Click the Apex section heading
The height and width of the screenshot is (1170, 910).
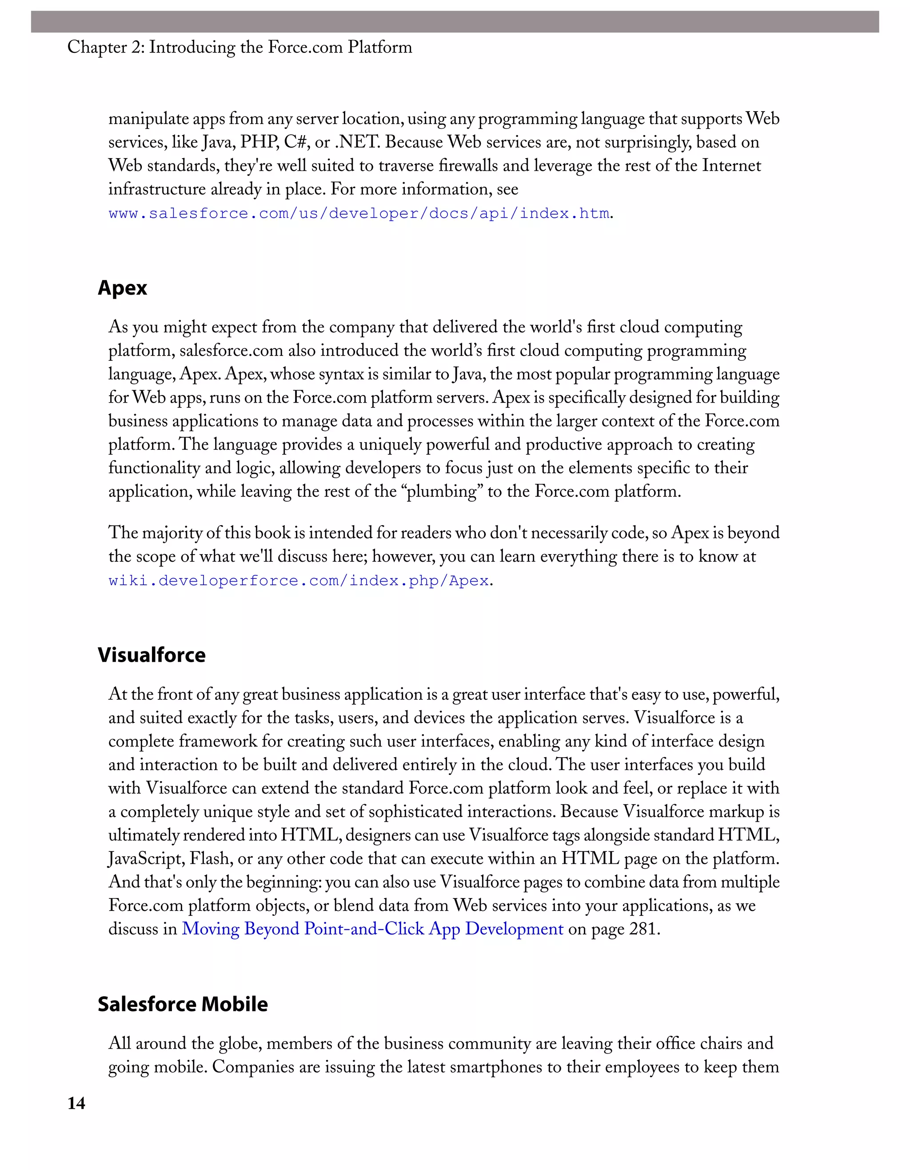tap(122, 288)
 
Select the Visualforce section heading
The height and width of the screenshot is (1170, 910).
tap(152, 655)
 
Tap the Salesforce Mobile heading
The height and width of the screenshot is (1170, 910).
tap(183, 1004)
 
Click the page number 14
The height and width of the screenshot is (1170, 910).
tap(76, 1103)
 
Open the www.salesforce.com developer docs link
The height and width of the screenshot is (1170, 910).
tap(359, 214)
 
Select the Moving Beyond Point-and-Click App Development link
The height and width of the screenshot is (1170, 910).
tap(373, 928)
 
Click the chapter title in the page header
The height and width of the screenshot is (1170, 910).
tap(239, 48)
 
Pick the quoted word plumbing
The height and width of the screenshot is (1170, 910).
tap(442, 492)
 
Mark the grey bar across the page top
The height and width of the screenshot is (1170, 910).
tap(455, 22)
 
